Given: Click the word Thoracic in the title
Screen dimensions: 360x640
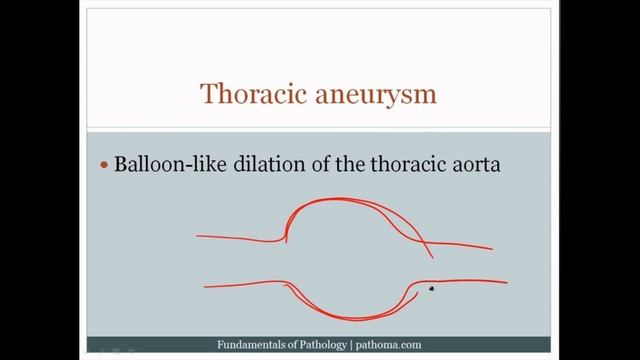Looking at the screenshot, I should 246,94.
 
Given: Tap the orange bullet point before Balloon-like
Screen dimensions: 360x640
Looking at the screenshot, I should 103,165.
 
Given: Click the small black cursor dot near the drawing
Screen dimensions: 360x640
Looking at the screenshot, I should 431,289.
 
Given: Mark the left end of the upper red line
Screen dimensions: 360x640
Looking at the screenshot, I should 197,237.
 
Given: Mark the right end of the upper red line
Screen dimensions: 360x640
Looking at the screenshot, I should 492,249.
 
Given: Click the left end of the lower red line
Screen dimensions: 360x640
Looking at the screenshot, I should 204,287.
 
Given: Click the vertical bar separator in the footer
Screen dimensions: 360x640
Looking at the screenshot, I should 350,345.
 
